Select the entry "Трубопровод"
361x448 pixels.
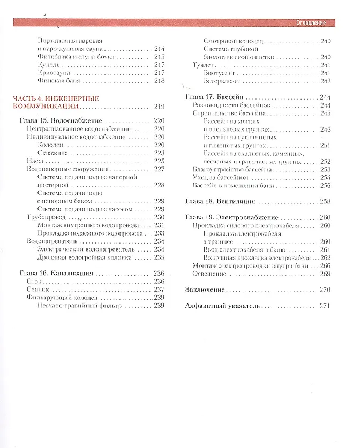coord(46,217)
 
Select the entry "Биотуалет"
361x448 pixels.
coord(220,73)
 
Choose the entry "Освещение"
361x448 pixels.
coord(209,274)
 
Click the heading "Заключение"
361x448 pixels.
coord(205,290)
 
